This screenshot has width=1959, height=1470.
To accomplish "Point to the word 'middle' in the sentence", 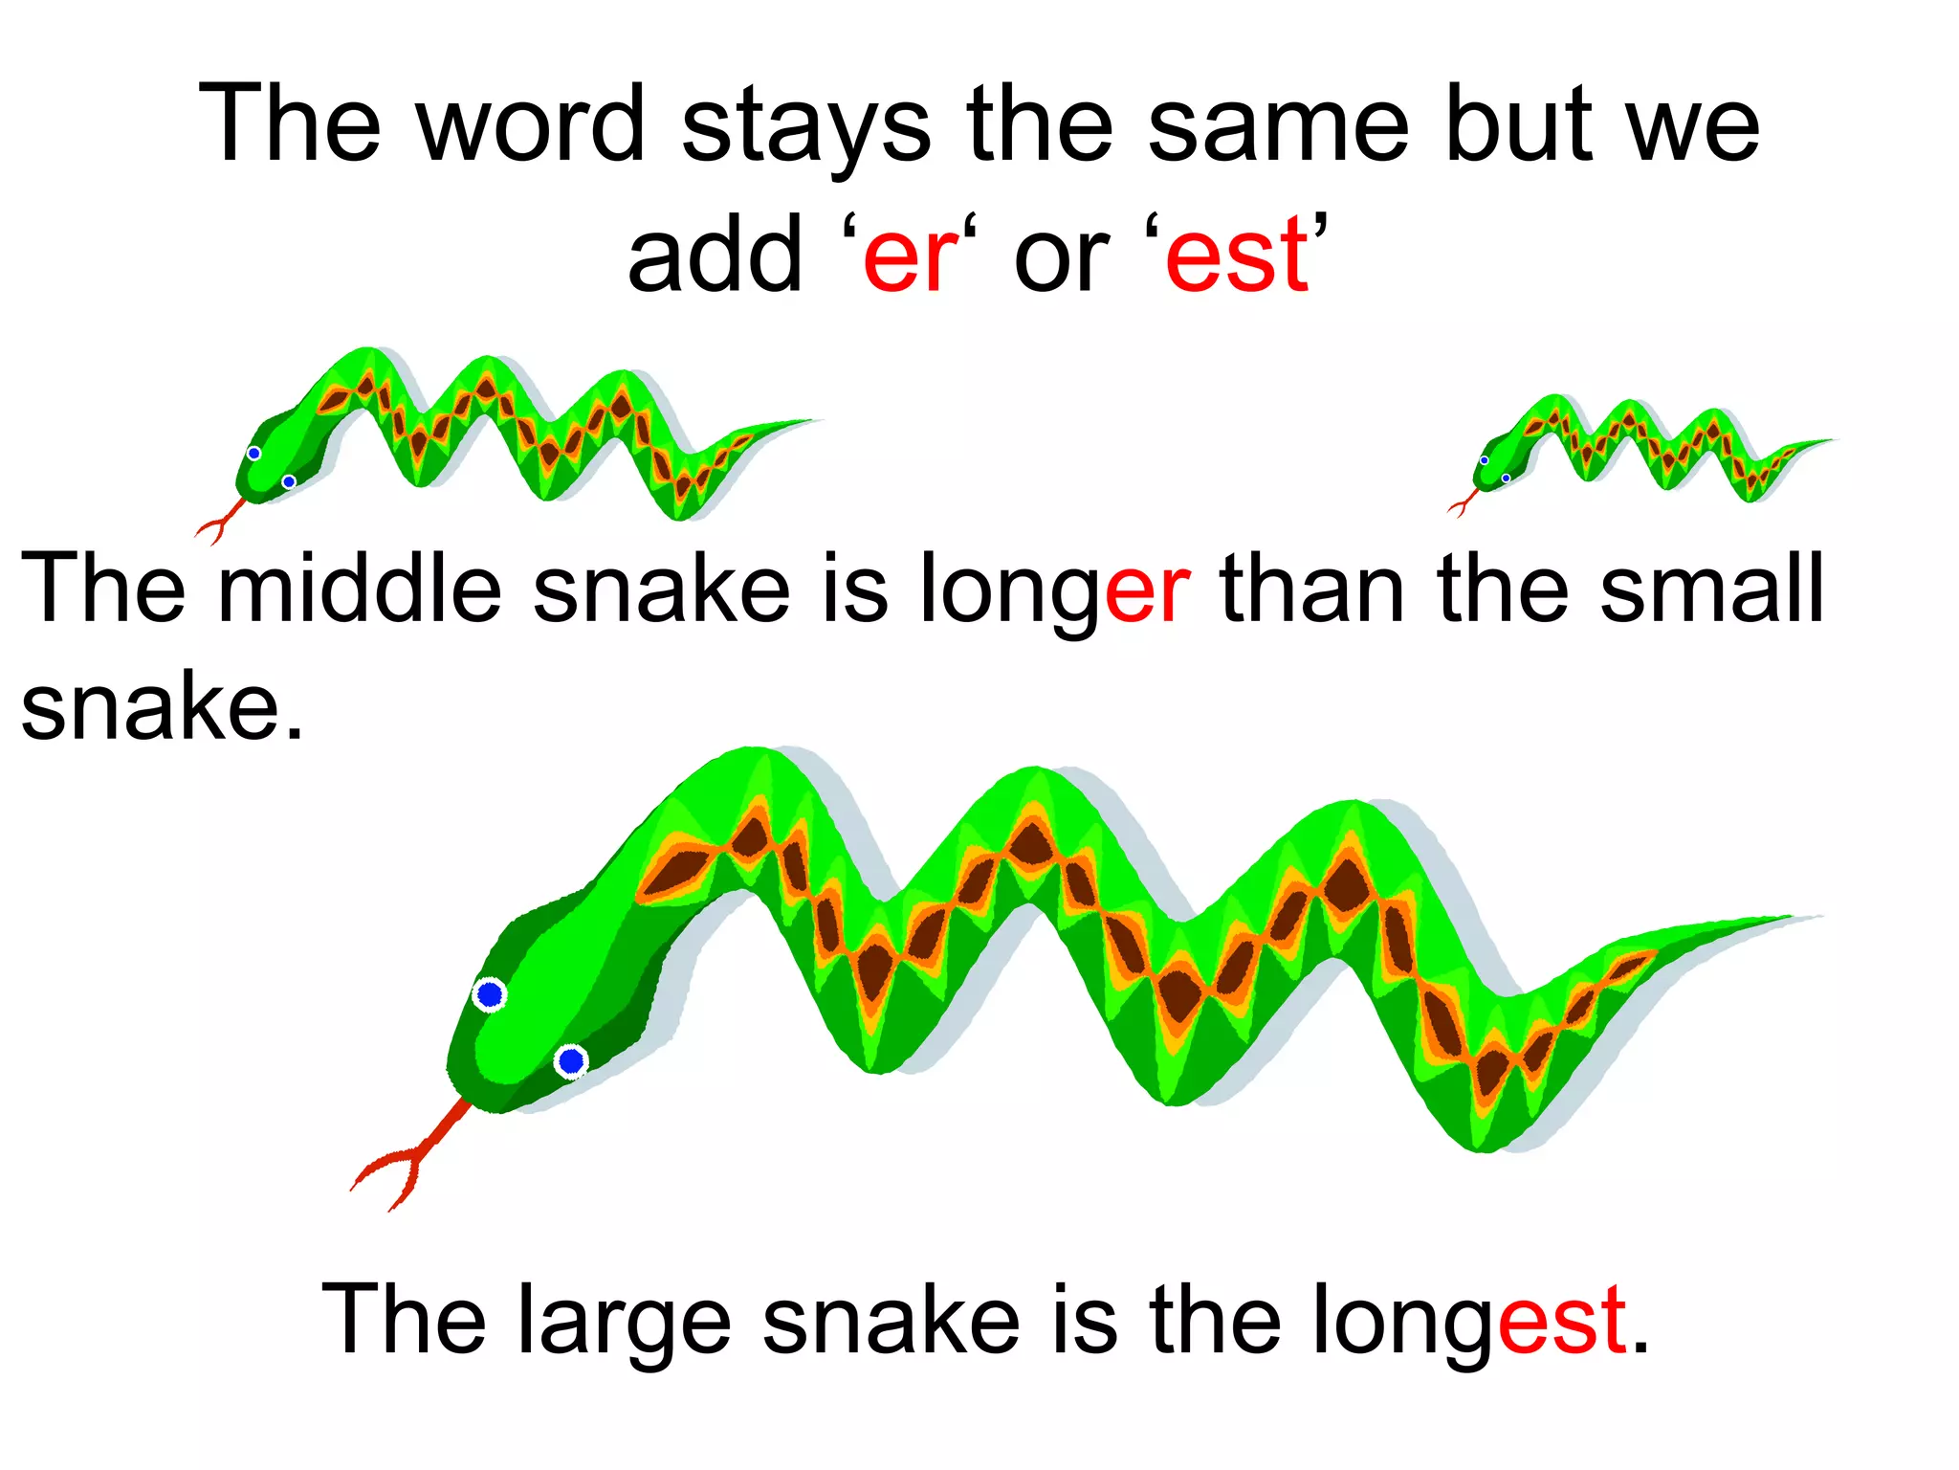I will point(360,589).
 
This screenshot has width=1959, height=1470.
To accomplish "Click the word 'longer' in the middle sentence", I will point(1054,589).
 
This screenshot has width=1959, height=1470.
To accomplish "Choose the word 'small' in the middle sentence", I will point(1712,589).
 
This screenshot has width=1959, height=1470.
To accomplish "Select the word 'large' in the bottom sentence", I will point(625,1321).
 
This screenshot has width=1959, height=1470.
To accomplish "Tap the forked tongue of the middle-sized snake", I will point(220,521).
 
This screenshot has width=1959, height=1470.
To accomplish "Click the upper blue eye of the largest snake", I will point(490,995).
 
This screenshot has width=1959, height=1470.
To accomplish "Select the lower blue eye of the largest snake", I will point(571,1060).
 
